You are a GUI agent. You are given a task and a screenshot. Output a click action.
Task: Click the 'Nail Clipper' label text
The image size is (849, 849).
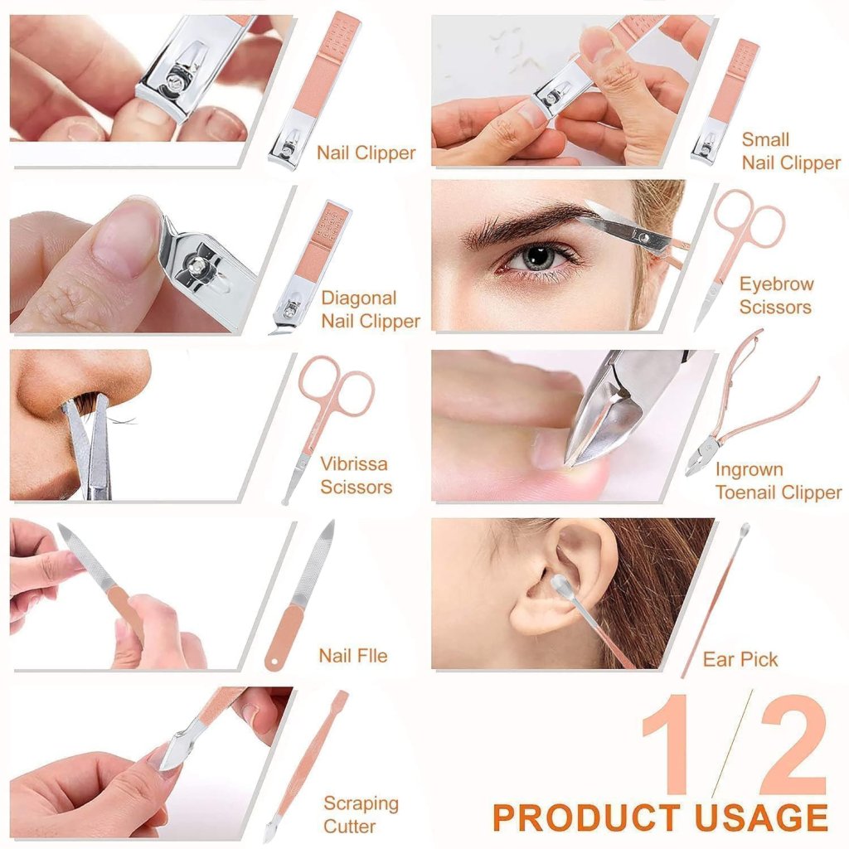[366, 153]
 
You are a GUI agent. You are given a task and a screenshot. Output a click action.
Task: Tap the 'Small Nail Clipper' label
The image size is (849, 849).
[790, 152]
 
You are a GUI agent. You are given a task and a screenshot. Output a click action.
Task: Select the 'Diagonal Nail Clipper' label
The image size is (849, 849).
[371, 309]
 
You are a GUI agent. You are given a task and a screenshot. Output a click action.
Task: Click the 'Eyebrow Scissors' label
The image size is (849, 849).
[776, 295]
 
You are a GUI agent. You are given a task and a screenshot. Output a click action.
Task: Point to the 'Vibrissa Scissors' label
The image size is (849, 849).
[355, 475]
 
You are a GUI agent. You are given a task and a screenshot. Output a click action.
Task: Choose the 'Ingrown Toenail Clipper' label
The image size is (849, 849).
[778, 482]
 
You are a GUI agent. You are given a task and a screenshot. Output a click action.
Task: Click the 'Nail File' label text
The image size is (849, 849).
[352, 656]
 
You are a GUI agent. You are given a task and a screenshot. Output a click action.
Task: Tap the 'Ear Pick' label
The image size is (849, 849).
[740, 660]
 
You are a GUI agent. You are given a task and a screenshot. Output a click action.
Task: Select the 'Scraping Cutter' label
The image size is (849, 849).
[361, 814]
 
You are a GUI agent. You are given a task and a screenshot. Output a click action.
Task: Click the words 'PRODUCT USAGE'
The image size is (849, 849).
[660, 817]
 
